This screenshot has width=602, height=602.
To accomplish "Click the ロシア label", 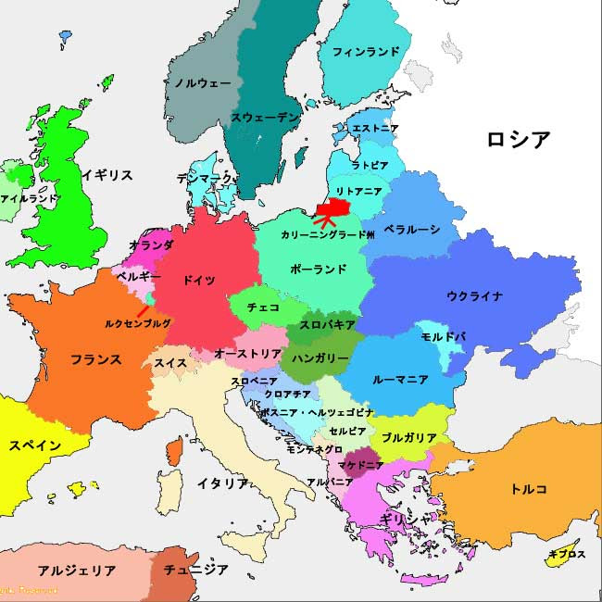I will (519, 140).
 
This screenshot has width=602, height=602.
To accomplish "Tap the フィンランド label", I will (366, 51).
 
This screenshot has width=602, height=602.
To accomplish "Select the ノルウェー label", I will (202, 82).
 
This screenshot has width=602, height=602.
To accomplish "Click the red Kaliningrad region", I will (332, 205).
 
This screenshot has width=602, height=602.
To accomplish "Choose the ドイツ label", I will (199, 280).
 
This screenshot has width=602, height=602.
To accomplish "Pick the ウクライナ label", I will (474, 296).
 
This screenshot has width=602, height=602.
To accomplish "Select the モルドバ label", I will (443, 336).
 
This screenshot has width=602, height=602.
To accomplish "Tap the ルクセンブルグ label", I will (138, 323).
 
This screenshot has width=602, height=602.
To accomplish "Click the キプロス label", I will (567, 555).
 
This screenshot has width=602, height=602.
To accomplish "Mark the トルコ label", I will (529, 488).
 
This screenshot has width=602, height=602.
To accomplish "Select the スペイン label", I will (35, 445).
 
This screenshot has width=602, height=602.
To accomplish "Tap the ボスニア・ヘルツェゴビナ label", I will (304, 412).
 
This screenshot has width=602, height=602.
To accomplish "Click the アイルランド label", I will (29, 198).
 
